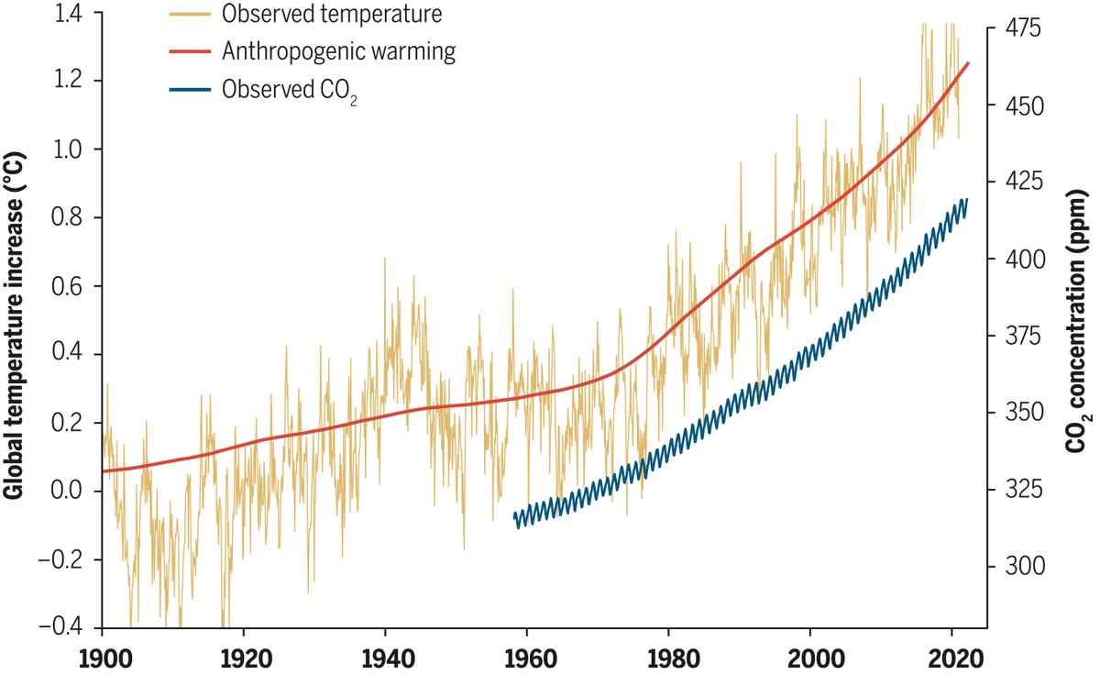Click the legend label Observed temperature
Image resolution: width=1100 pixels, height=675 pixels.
point(320,15)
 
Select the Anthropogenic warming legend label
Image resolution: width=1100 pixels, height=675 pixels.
point(338,51)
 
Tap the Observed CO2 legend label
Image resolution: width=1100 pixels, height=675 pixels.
point(289,90)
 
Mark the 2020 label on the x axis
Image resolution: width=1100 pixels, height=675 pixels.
point(952,658)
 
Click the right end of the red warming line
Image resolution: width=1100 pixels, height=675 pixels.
point(968,63)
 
